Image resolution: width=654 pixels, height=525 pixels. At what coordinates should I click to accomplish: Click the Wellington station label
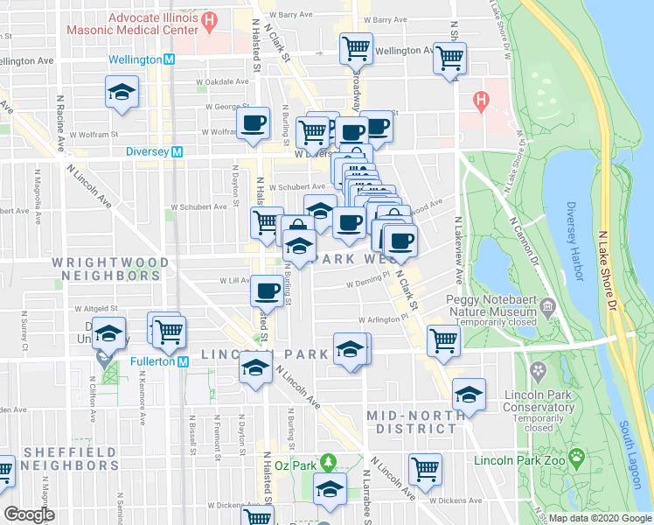(136, 59)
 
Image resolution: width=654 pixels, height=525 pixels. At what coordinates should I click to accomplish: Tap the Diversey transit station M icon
(177, 150)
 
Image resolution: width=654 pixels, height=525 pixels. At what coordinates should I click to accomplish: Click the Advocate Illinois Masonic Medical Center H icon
(208, 19)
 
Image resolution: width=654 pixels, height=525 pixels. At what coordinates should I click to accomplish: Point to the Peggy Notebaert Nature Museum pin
(547, 306)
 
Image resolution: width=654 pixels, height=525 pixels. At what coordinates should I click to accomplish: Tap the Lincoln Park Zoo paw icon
(576, 456)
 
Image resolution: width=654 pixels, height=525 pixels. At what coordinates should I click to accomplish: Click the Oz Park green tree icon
(328, 460)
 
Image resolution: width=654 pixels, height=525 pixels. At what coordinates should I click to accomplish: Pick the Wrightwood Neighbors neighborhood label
(106, 268)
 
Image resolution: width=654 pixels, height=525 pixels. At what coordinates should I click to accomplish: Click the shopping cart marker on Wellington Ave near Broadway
(356, 48)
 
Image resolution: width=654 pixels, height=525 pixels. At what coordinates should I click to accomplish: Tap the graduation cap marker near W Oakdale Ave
(122, 92)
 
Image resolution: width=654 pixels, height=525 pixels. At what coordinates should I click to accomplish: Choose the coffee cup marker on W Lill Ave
(267, 290)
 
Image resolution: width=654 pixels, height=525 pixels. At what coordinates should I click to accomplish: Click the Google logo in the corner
(29, 514)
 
